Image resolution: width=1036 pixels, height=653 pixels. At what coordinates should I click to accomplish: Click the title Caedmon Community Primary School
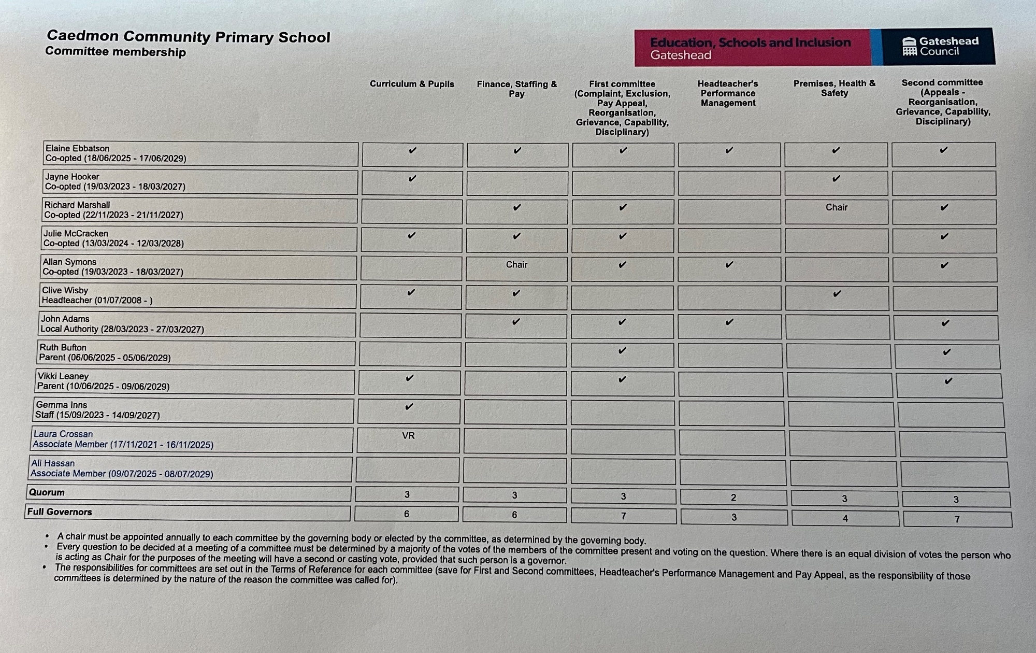click(188, 37)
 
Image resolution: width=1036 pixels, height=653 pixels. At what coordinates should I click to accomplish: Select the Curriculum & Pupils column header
click(412, 84)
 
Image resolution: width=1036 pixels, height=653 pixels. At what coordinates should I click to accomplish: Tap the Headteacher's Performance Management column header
click(728, 93)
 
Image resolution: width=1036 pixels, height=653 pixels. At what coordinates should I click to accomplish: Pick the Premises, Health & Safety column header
click(834, 88)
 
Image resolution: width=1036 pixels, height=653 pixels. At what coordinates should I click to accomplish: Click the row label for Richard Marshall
click(113, 210)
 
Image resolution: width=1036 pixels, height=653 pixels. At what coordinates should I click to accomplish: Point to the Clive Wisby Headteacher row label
click(97, 295)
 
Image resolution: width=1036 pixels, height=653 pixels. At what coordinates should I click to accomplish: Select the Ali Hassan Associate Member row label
click(122, 469)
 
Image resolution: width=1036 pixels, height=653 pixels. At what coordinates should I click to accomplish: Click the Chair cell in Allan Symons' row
click(516, 265)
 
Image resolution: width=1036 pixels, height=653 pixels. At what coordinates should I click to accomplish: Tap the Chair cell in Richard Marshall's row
click(837, 207)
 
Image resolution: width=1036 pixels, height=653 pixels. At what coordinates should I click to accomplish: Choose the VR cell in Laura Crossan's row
click(408, 436)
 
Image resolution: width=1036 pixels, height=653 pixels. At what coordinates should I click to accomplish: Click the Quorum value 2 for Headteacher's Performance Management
click(733, 498)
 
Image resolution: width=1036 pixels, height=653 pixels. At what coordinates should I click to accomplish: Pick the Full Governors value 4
click(845, 518)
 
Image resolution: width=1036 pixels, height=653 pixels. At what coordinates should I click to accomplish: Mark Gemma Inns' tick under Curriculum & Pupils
click(409, 406)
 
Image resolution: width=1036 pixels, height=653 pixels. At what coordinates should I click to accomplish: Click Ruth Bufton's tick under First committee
click(623, 350)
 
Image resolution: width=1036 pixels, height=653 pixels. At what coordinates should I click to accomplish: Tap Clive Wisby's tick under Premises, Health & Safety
click(837, 293)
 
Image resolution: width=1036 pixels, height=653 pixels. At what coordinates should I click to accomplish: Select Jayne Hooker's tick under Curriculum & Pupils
click(412, 178)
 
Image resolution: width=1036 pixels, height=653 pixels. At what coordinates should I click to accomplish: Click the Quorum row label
click(47, 492)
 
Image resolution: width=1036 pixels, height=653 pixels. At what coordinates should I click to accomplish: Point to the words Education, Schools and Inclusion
click(750, 42)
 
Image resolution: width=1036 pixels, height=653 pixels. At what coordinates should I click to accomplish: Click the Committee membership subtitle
click(115, 52)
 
